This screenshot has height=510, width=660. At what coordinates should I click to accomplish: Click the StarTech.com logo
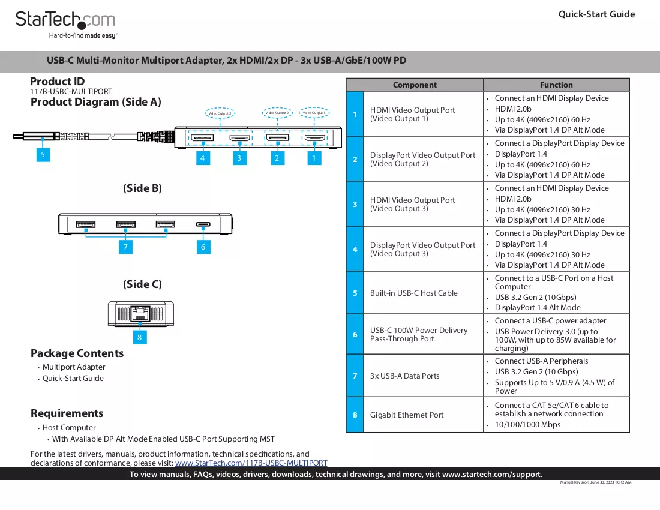pos(66,25)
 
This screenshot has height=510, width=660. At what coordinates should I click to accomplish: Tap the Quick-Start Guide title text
pos(596,14)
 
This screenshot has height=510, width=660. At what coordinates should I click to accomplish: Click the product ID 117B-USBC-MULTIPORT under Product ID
pos(71,91)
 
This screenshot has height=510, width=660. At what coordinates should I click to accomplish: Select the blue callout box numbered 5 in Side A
pos(43,154)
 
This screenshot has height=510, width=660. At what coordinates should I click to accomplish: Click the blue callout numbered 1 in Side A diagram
pos(314,158)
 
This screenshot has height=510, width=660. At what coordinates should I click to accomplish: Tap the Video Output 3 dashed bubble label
pos(220,113)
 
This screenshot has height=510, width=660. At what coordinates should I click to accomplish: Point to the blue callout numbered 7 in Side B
pos(125,247)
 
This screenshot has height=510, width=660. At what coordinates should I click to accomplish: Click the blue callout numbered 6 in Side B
pos(203,247)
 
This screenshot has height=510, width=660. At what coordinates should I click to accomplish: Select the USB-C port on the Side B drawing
pos(203,224)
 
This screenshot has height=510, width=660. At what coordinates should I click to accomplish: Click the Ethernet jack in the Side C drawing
pos(140,313)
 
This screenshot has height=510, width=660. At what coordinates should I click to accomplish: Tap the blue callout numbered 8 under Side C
pos(140,337)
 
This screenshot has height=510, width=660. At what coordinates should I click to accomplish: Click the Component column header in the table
pos(415,85)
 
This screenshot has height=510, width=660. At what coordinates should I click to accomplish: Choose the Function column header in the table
pos(556,85)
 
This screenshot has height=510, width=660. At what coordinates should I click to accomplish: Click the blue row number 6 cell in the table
pos(355,335)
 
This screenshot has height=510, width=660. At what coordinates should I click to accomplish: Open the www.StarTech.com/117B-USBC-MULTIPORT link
pos(251,463)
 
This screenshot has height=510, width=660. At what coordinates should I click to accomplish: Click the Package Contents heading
pos(77,353)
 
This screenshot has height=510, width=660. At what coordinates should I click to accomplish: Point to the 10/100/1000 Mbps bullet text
pos(527,425)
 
